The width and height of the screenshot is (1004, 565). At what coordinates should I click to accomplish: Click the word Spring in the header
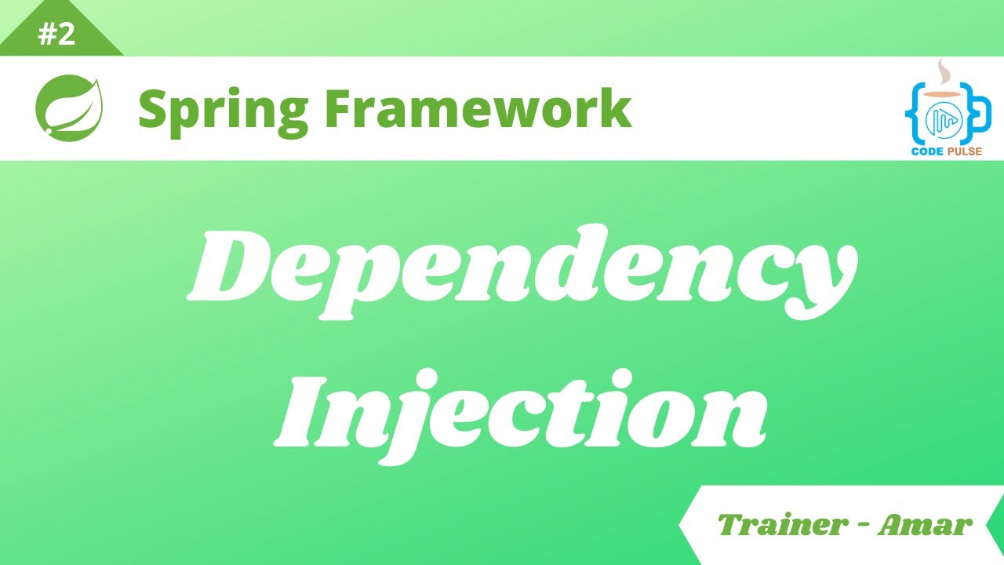(x=222, y=110)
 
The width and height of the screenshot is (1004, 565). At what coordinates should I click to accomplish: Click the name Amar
(x=925, y=525)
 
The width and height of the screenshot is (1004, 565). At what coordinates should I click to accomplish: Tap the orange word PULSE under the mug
(x=966, y=151)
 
